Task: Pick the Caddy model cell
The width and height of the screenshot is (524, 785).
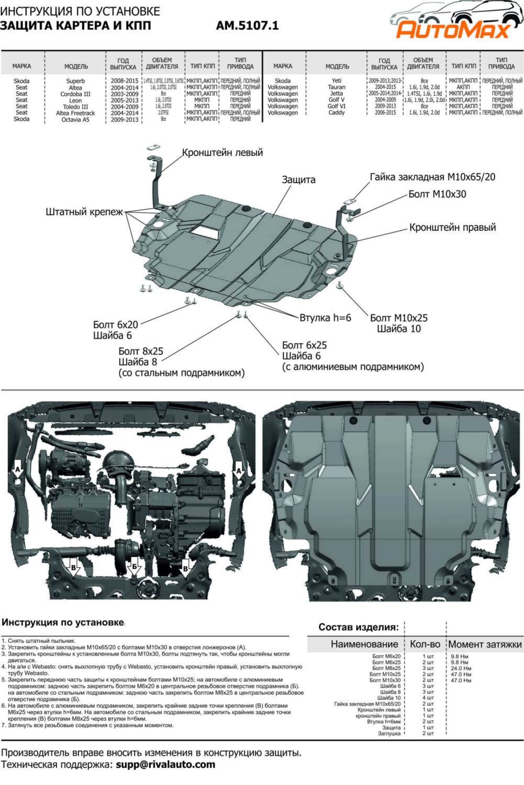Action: click(336, 113)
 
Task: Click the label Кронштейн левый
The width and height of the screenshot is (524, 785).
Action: click(222, 153)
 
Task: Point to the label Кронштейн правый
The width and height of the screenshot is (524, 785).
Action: click(453, 227)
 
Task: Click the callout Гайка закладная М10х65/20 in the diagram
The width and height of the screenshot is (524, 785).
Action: click(432, 177)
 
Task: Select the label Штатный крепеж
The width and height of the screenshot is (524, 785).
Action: click(84, 212)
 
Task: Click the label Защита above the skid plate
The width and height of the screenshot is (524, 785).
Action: click(298, 180)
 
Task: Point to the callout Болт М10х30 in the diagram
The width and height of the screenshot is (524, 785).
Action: click(437, 194)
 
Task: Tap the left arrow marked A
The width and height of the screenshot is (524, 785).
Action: click(17, 472)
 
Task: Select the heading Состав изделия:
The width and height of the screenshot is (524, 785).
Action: click(359, 627)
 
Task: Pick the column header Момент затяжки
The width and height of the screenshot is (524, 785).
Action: click(485, 644)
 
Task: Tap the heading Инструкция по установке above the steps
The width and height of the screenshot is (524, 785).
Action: click(63, 623)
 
